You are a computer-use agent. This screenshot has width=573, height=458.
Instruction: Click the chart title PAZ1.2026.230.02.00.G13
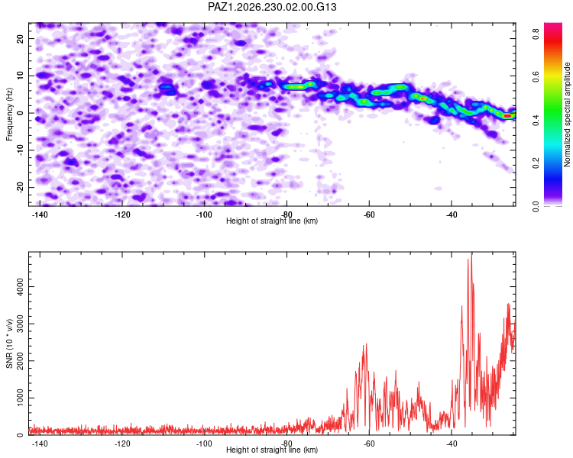coord(272,7)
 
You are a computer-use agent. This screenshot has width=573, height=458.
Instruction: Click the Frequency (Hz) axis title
coord(9,114)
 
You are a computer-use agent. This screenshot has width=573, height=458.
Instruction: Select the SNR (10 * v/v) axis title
coord(9,343)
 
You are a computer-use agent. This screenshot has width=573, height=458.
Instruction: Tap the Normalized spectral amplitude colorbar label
coord(567,114)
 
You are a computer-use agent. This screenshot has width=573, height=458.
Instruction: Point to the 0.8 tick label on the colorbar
coord(536,34)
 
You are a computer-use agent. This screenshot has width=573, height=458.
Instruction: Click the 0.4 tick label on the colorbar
coord(536,120)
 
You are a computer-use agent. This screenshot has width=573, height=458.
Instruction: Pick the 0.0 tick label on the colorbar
coord(536,206)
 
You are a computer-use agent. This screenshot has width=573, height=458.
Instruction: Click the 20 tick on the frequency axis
coord(20,38)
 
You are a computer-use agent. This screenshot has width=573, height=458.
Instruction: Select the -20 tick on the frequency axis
coord(20,188)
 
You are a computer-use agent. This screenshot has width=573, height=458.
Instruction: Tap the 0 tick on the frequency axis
coord(20,113)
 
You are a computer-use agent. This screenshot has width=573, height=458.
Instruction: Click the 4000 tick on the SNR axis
coord(20,286)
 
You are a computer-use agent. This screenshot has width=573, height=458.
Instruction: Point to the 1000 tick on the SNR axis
coord(20,398)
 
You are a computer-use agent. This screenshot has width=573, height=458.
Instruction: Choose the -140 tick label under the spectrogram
coord(40,214)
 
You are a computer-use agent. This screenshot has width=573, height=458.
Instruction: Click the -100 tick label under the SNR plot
coord(204,443)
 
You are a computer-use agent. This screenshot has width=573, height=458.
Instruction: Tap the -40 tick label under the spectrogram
coord(452,214)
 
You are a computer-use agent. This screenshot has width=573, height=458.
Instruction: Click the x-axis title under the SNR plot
coord(272,450)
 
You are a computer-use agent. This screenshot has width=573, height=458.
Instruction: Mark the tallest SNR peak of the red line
coord(471,253)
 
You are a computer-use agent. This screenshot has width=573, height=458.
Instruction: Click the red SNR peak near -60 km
coord(366,344)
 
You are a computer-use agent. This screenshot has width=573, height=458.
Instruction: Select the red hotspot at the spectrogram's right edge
coord(507,116)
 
